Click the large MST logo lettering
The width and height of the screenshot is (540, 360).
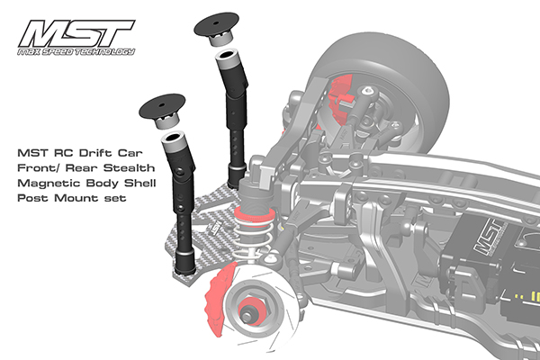[x=76, y=33]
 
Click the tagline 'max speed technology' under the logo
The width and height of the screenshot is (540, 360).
[x=76, y=51]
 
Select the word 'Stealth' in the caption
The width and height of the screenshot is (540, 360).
[x=129, y=167]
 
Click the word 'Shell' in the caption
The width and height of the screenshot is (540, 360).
[x=140, y=183]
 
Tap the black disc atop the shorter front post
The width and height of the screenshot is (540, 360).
[x=162, y=106]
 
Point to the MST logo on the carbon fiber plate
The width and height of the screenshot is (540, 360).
[x=216, y=228]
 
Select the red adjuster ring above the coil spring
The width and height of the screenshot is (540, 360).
[x=254, y=216]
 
